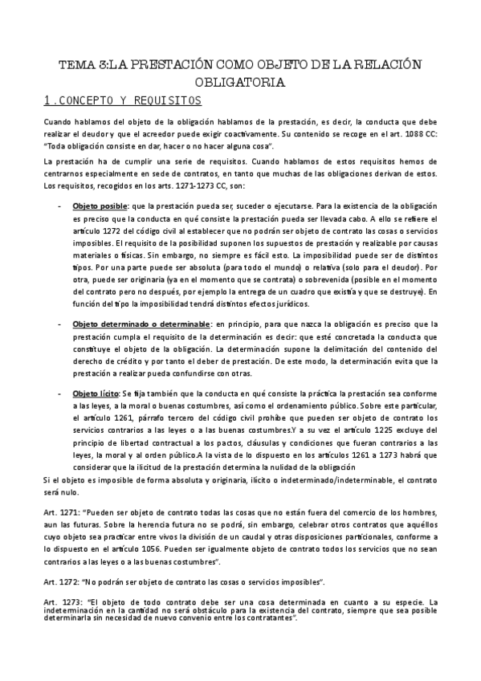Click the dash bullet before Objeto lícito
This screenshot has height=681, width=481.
(62, 394)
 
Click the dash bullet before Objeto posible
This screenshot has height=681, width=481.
(62, 205)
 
